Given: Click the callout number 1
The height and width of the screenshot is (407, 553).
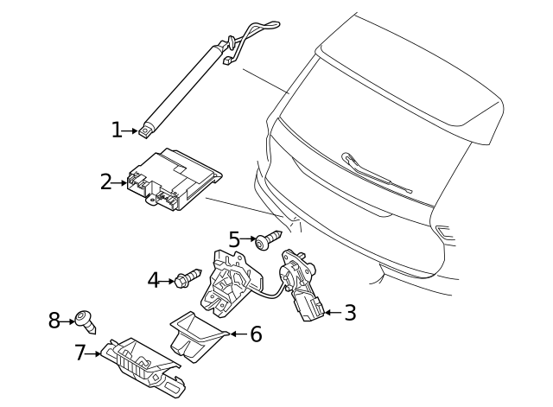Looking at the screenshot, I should (x=117, y=130).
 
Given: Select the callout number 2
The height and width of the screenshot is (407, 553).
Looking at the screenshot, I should (x=106, y=181).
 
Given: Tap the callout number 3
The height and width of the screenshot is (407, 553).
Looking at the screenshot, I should (x=349, y=312).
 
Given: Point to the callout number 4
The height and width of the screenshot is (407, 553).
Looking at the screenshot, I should (x=154, y=280).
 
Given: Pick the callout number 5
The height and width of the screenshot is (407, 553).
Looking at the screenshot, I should (x=234, y=238).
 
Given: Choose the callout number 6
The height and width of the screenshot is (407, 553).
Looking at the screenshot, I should (x=255, y=334).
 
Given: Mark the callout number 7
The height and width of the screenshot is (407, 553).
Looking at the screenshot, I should (x=80, y=353).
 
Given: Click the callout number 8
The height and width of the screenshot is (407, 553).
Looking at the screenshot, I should (x=54, y=321).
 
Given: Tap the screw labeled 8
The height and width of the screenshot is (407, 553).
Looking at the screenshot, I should (x=86, y=321).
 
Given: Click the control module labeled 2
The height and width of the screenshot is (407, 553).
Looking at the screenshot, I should (x=173, y=181).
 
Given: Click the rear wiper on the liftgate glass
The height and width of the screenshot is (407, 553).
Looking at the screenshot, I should (x=376, y=172).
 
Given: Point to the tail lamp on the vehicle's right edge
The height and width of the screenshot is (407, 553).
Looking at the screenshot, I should (x=446, y=232).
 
